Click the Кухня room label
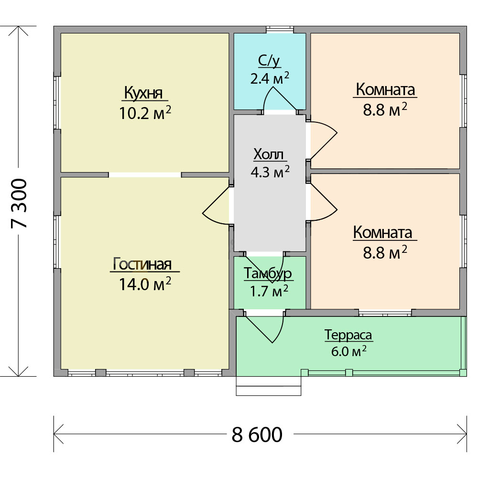[143, 93]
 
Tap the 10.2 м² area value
[145, 113]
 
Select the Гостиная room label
[142, 264]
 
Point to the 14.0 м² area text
[145, 284]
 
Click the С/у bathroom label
[269, 61]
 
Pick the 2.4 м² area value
[270, 78]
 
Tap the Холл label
[269, 154]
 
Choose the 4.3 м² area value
[270, 172]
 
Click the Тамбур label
[268, 273]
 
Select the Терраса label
[348, 335]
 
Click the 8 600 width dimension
[257, 435]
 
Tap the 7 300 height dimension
[19, 203]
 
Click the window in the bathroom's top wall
[280, 29]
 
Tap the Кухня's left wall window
[57, 103]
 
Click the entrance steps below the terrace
[269, 386]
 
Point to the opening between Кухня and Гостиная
[145, 174]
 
